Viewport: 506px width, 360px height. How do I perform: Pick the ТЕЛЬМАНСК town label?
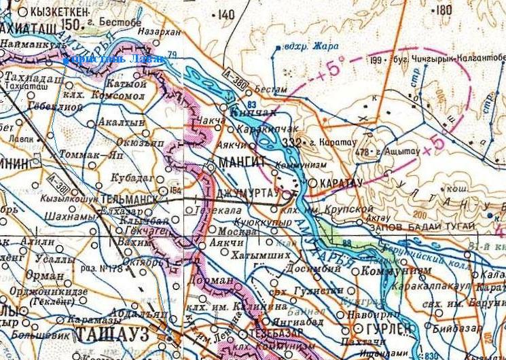(x=129, y=201)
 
